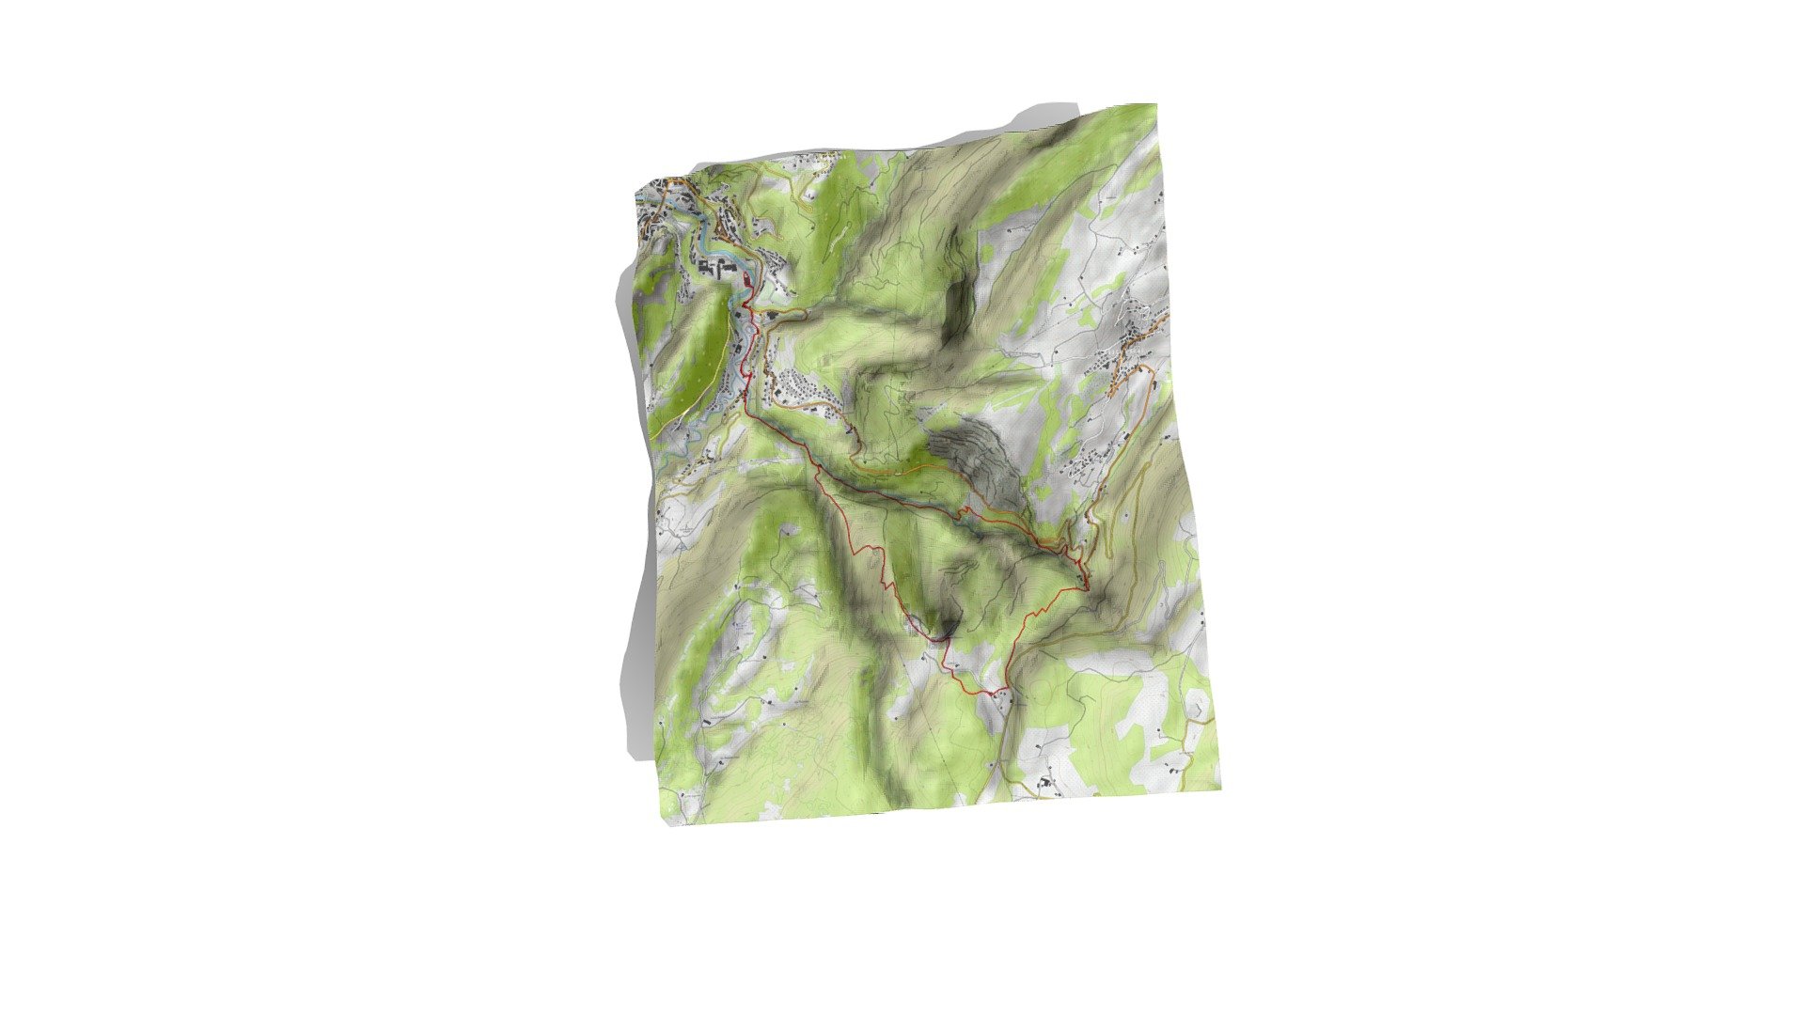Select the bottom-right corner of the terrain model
click(1220, 789)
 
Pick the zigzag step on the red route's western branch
click(879, 550)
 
